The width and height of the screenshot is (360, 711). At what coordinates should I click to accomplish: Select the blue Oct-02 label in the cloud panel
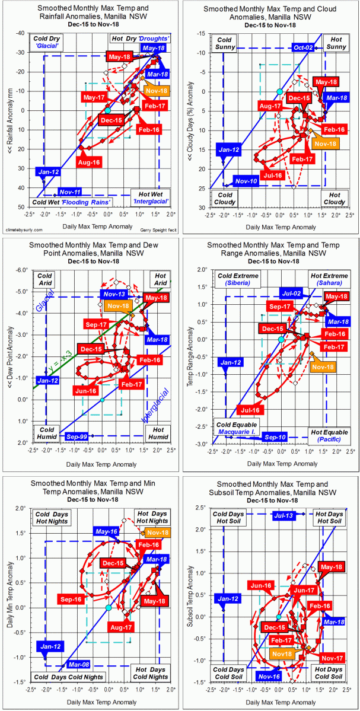coord(304,48)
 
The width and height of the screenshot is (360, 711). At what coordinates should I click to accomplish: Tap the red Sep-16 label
coord(71,600)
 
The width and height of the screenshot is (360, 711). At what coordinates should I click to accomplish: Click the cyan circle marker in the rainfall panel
coord(107,110)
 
